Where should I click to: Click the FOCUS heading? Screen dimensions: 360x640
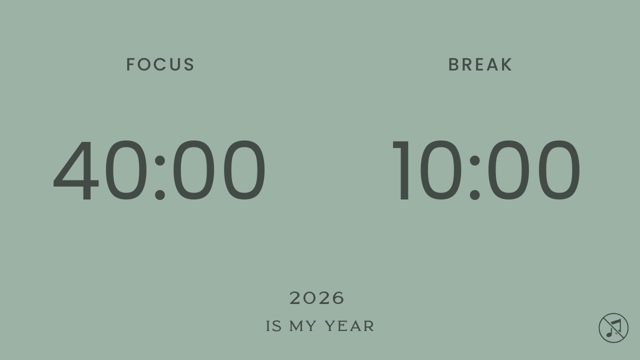pyautogui.click(x=160, y=65)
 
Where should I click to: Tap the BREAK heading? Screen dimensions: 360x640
pyautogui.click(x=480, y=65)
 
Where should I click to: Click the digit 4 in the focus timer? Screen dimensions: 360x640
pyautogui.click(x=75, y=170)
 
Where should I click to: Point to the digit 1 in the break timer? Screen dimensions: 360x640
pyautogui.click(x=403, y=170)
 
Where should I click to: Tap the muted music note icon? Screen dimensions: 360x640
pyautogui.click(x=613, y=328)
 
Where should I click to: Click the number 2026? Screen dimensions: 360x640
pyautogui.click(x=317, y=298)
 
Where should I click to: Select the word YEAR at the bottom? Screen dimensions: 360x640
pyautogui.click(x=349, y=326)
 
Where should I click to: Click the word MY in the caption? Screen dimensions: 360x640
pyautogui.click(x=303, y=326)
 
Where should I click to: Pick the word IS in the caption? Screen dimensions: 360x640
pyautogui.click(x=274, y=326)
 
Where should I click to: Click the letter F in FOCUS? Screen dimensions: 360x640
pyautogui.click(x=131, y=65)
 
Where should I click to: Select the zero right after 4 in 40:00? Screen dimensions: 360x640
pyautogui.click(x=122, y=170)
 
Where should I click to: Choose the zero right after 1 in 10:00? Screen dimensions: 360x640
pyautogui.click(x=441, y=170)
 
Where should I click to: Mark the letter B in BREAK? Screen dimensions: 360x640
pyautogui.click(x=453, y=65)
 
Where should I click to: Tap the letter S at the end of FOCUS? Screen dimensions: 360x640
pyautogui.click(x=189, y=65)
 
